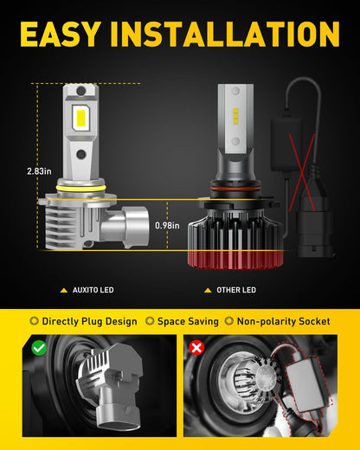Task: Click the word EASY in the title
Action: click(61, 34)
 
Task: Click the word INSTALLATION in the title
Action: click(225, 34)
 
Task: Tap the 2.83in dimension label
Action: click(39, 171)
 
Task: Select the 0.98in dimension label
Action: click(167, 225)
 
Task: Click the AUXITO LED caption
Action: click(93, 290)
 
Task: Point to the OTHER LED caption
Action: click(236, 290)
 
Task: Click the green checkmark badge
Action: click(39, 348)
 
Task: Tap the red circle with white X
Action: click(196, 348)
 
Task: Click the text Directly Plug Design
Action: click(90, 321)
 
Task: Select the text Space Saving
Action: click(188, 321)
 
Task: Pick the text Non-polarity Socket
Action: click(284, 321)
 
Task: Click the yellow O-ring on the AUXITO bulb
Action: click(80, 189)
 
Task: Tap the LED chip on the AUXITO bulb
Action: click(80, 118)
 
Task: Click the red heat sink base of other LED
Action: click(235, 260)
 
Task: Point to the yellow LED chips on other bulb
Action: click(235, 116)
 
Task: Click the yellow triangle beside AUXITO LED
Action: click(64, 290)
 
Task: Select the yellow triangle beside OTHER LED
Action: click(208, 290)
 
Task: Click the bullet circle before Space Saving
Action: click(150, 321)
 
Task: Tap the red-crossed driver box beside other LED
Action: click(286, 144)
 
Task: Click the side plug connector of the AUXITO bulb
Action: click(125, 227)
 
